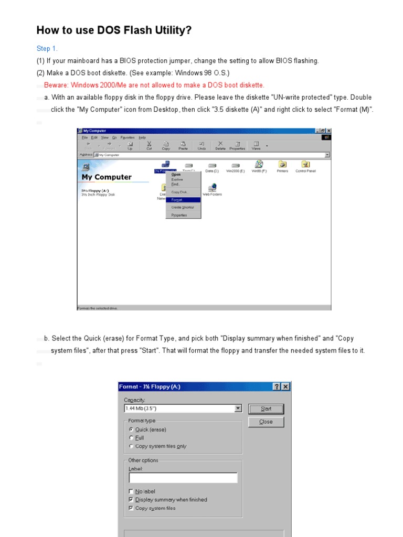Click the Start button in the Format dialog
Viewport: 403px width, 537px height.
(266, 409)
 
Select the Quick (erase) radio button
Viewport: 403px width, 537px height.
(131, 429)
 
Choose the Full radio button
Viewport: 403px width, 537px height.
(131, 438)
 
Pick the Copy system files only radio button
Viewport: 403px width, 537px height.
(131, 446)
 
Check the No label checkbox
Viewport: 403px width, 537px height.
(131, 491)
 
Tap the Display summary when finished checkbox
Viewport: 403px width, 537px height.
(131, 500)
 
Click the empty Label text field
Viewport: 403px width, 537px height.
(183, 478)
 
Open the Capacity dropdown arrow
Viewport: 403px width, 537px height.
(238, 409)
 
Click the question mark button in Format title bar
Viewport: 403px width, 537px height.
(277, 386)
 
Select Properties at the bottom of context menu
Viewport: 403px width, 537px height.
(179, 215)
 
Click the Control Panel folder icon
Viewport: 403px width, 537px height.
(305, 164)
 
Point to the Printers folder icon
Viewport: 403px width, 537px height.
(282, 164)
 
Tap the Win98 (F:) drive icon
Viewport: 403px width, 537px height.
(259, 164)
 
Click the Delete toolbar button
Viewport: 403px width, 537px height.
(220, 145)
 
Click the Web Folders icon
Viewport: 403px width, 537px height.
(212, 187)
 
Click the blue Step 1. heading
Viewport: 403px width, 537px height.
(47, 49)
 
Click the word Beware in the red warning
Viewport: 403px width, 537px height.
(56, 85)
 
